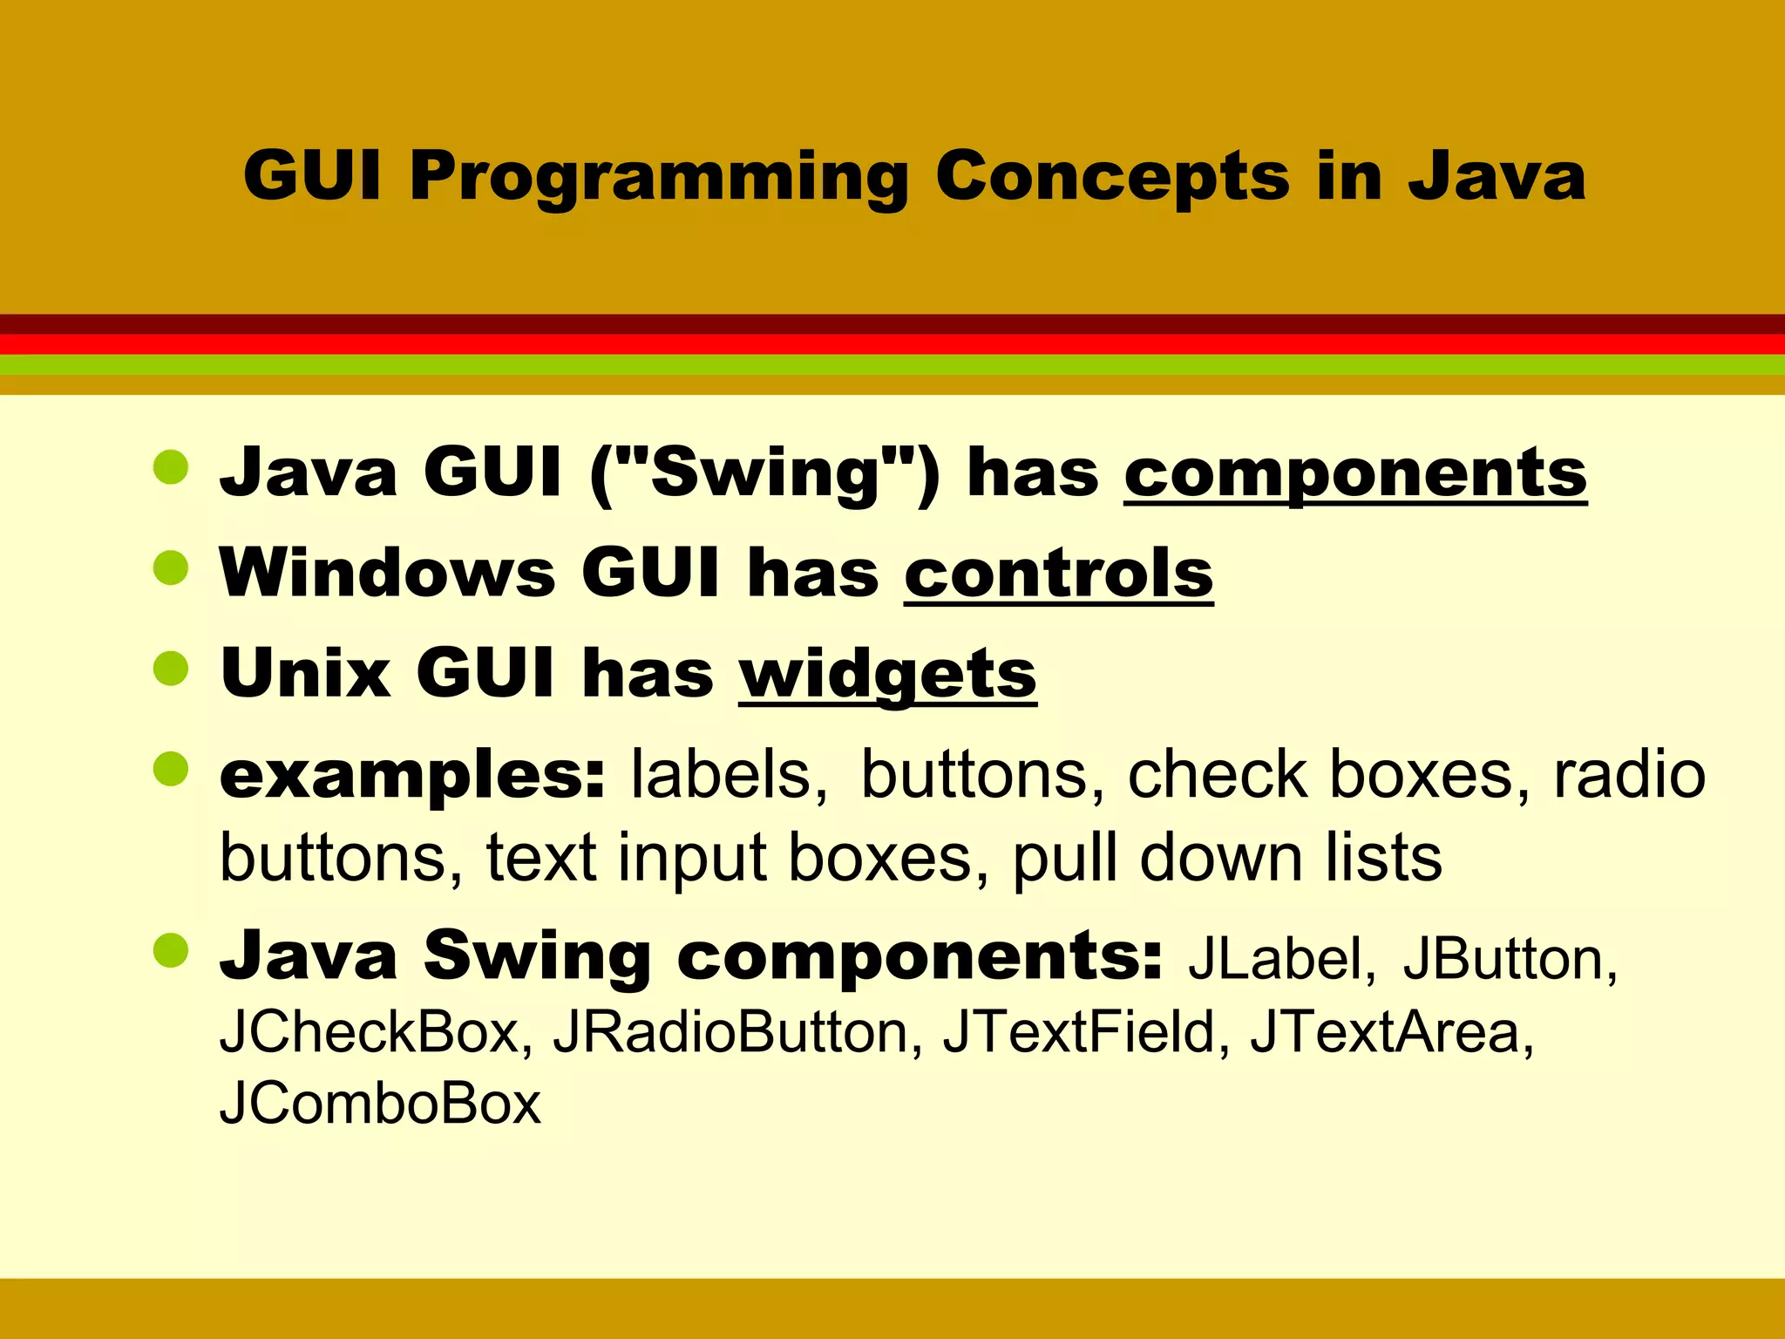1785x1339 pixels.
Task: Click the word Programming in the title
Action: coord(659,178)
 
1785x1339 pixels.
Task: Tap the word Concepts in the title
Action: coord(1111,176)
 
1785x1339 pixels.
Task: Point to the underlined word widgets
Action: coord(887,674)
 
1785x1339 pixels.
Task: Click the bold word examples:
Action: coord(412,775)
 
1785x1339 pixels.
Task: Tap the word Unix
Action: coord(306,674)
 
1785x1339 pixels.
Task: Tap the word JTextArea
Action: coord(1391,1032)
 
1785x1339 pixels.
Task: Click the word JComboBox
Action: coord(380,1104)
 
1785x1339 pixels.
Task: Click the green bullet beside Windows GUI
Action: coord(171,568)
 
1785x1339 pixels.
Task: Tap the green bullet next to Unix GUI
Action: coord(171,669)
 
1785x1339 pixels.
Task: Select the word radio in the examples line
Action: coord(1629,775)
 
